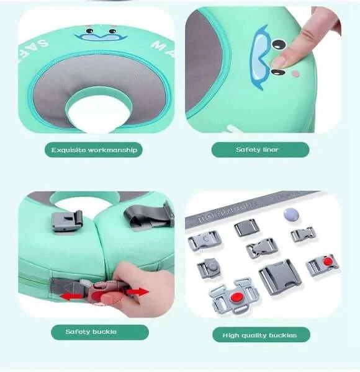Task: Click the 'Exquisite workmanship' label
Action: click(95, 149)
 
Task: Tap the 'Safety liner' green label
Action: click(260, 149)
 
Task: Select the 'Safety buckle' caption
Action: click(91, 332)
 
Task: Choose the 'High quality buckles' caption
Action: click(260, 335)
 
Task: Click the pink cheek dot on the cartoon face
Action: click(295, 74)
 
